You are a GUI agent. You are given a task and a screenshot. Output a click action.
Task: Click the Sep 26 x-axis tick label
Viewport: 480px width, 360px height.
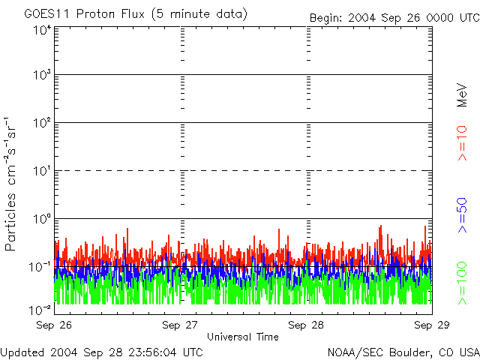click(x=54, y=325)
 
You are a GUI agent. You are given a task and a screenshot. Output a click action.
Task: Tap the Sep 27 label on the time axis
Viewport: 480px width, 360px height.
click(x=180, y=325)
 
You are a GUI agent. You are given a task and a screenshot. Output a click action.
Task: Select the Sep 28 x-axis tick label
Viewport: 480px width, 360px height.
click(x=306, y=325)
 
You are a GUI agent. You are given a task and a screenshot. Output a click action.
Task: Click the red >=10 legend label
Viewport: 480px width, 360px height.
click(x=463, y=142)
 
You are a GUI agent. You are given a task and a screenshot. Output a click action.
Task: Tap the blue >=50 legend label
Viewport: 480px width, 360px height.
click(x=463, y=214)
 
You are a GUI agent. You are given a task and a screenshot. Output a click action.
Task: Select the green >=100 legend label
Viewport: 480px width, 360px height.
click(x=463, y=283)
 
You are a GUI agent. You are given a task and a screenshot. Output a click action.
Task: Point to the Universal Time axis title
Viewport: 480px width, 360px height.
click(x=242, y=337)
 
